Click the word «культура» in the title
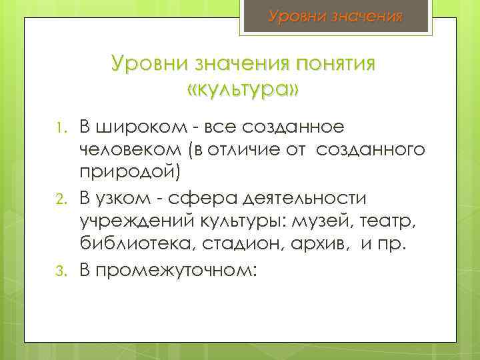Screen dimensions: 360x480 pos(243,89)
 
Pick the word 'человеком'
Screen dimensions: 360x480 pos(135,151)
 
